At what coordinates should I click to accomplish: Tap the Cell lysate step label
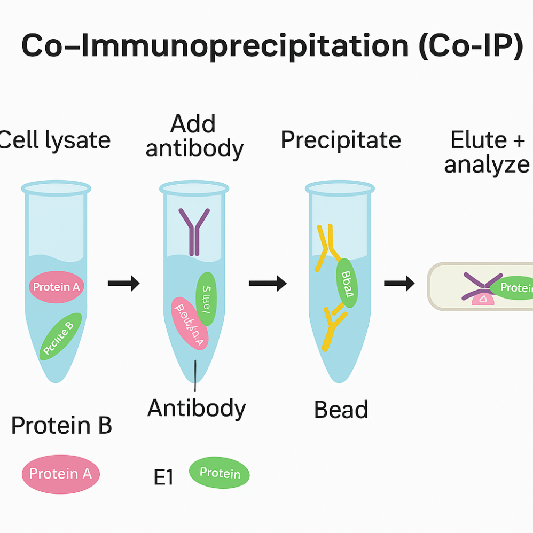click(54, 140)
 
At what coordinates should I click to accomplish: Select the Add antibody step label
click(194, 136)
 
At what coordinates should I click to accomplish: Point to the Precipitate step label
click(341, 140)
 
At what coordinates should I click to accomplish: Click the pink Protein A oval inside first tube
click(56, 287)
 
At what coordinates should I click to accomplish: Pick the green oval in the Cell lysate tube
click(61, 336)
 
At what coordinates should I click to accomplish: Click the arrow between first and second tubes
click(123, 283)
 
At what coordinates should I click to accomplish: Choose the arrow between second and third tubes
click(267, 284)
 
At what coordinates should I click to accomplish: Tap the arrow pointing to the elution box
click(399, 284)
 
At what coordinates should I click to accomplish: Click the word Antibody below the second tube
click(197, 409)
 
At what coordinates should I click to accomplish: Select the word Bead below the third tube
click(341, 410)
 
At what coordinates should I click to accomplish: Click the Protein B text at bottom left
click(61, 426)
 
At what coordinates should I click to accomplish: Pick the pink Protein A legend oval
click(60, 474)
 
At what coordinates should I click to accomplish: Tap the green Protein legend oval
click(220, 473)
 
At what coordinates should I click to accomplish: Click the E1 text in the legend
click(163, 477)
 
